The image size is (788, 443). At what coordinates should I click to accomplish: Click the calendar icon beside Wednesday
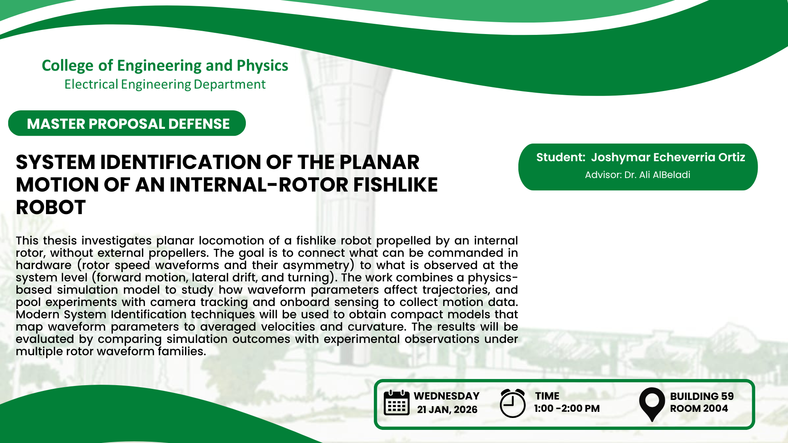coord(396,402)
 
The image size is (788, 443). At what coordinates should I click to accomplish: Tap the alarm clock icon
coord(513,403)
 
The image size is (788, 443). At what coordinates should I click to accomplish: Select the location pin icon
coord(652,404)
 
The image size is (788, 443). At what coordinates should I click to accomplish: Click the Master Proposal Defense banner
coord(127,123)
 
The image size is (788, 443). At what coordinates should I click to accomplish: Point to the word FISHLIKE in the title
coord(396,185)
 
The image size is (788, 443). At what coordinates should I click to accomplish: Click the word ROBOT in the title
coord(51,207)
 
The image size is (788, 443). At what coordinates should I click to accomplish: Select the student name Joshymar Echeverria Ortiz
coord(668,157)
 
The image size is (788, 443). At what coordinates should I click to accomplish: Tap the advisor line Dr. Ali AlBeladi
coord(637,175)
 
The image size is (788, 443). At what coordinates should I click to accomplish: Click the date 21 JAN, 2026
coord(447,409)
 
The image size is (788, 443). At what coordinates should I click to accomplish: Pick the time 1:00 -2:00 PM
coord(567,409)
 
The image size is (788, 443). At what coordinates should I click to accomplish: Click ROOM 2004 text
coord(699,409)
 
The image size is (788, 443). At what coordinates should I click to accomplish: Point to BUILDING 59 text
coord(702,396)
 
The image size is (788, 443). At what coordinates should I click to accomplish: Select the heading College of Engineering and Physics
coord(165,66)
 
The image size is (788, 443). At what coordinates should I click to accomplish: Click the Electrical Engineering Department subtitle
coord(165,84)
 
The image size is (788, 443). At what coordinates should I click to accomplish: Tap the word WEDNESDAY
coord(447,396)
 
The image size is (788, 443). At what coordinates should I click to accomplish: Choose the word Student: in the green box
coord(561,157)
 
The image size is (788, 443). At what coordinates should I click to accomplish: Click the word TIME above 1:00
coord(547,396)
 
